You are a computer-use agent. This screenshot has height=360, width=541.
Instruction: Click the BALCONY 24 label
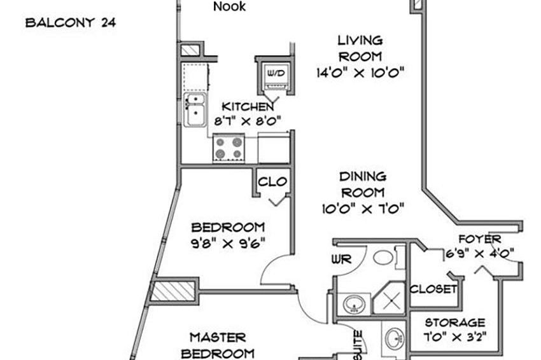(70, 24)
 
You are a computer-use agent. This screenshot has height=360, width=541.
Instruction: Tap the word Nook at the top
(229, 7)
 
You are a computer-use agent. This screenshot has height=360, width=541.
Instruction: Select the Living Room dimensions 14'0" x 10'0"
(361, 73)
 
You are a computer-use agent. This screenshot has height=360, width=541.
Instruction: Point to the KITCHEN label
(248, 106)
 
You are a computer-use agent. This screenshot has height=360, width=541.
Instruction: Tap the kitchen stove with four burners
(228, 148)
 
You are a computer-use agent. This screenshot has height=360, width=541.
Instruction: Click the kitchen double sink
(194, 109)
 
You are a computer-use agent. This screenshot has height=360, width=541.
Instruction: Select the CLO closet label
(272, 182)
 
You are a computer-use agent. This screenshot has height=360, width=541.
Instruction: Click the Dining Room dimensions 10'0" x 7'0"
(363, 207)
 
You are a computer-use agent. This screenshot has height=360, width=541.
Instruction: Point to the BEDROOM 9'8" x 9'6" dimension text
(228, 242)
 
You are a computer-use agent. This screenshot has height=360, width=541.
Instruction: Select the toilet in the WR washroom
(383, 257)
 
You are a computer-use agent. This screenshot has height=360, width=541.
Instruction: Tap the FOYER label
(480, 240)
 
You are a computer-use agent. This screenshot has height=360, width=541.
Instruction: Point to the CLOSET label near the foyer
(434, 289)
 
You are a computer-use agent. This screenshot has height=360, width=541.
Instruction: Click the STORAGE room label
(454, 322)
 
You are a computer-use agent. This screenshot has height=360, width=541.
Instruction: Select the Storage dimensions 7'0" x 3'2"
(454, 336)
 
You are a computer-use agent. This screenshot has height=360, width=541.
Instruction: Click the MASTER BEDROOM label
(217, 345)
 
